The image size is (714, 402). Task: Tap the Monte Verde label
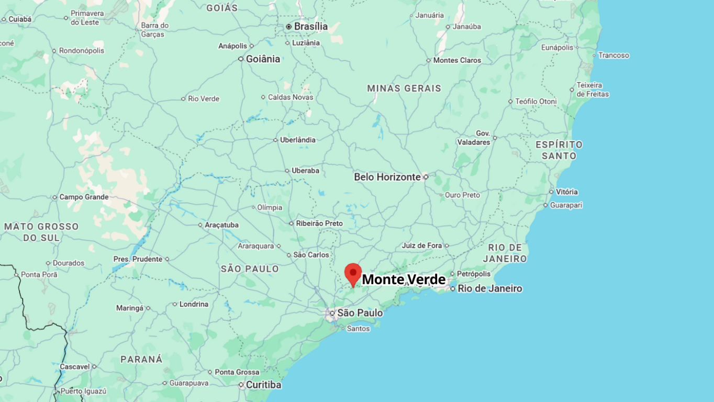click(404, 280)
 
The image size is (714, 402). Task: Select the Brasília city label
click(310, 26)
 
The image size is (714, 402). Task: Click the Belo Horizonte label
click(387, 177)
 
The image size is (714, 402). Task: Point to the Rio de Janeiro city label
click(489, 288)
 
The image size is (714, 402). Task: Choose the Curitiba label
click(263, 385)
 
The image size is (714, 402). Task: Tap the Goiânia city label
click(263, 59)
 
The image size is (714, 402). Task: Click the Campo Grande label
click(84, 197)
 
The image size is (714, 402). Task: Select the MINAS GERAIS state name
click(404, 88)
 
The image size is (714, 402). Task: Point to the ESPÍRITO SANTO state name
click(559, 150)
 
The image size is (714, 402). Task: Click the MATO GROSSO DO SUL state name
click(41, 232)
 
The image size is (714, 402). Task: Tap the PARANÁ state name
click(141, 360)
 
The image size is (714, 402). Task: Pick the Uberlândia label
click(298, 140)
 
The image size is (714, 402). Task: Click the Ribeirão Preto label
click(319, 224)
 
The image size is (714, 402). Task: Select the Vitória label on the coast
click(566, 192)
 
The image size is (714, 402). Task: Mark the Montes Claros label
click(457, 60)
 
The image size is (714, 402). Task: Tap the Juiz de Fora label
click(422, 245)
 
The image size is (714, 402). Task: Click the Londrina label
click(194, 304)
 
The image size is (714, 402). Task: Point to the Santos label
click(358, 329)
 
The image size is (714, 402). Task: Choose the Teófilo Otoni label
click(536, 102)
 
